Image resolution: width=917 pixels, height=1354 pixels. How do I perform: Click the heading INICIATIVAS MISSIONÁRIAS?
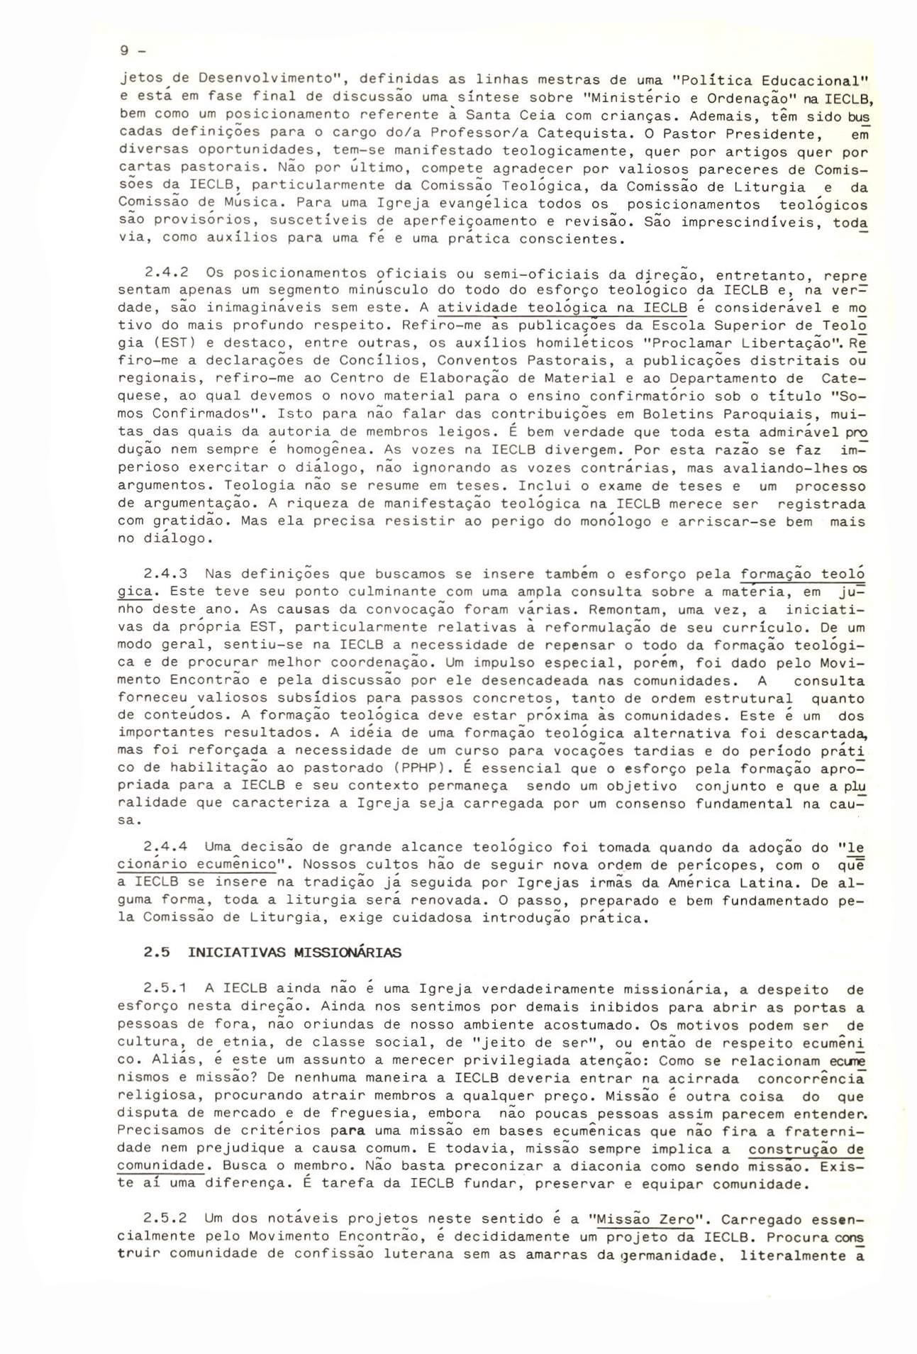294,953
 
